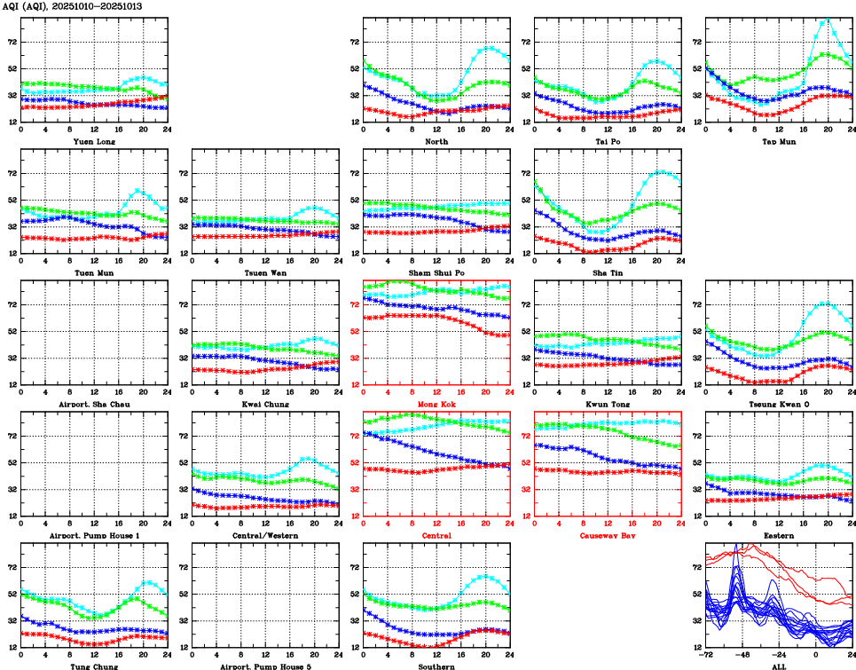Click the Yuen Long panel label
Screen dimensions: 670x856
(x=93, y=141)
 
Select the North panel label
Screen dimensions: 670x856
(x=436, y=141)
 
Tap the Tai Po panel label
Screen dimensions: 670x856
(x=608, y=141)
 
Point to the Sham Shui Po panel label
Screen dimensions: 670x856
(x=436, y=272)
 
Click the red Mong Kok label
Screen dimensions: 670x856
(x=436, y=404)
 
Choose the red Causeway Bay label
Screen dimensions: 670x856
(x=608, y=536)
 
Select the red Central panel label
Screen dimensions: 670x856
(x=436, y=536)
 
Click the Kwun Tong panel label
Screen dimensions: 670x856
(x=608, y=404)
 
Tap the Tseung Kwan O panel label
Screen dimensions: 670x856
(x=779, y=404)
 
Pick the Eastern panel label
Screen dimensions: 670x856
(x=779, y=536)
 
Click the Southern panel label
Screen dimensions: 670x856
(x=436, y=666)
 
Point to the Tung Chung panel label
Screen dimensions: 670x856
(x=93, y=666)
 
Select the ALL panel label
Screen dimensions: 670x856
(x=779, y=666)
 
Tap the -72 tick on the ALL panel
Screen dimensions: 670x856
(x=706, y=656)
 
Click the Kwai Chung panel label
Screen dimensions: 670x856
(x=264, y=404)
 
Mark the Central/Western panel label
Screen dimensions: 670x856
(x=264, y=536)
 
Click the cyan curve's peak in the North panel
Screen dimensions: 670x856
(x=489, y=47)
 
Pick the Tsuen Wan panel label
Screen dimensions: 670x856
(x=264, y=272)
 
